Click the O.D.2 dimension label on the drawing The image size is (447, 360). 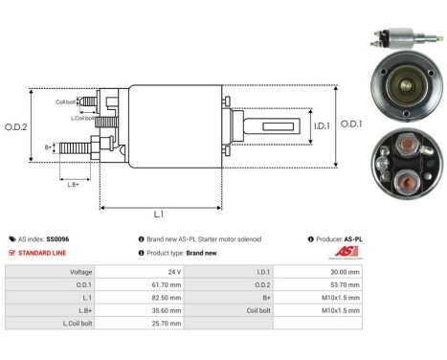[x=16, y=125]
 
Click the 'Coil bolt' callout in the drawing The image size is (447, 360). [x=66, y=101]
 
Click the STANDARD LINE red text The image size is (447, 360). [x=41, y=253]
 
